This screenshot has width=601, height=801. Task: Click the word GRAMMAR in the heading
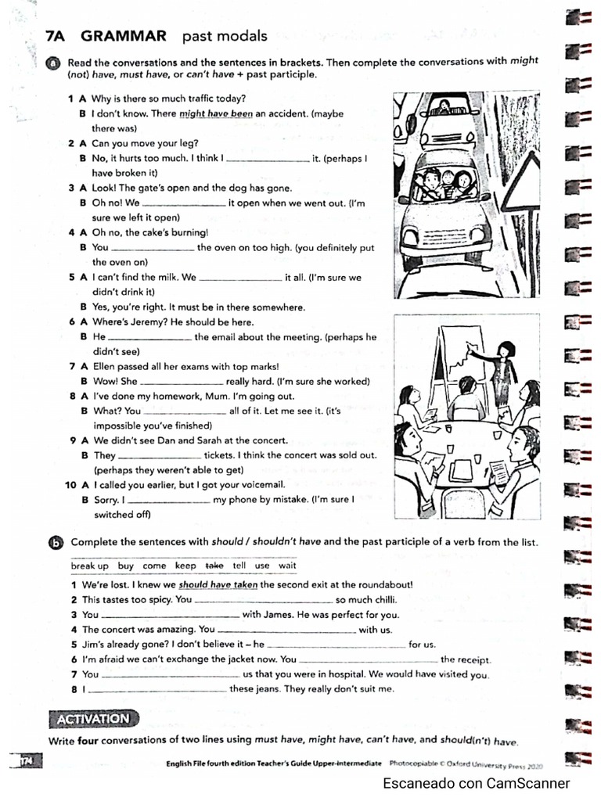(x=124, y=35)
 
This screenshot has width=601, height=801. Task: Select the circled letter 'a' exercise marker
(x=53, y=64)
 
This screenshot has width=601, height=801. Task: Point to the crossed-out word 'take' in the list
(x=214, y=566)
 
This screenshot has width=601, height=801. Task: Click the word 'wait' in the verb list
(x=287, y=566)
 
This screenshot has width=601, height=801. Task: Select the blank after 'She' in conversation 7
(x=181, y=383)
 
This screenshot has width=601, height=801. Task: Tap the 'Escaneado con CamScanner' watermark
(x=476, y=783)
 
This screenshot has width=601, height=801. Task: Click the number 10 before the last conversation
(x=70, y=485)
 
